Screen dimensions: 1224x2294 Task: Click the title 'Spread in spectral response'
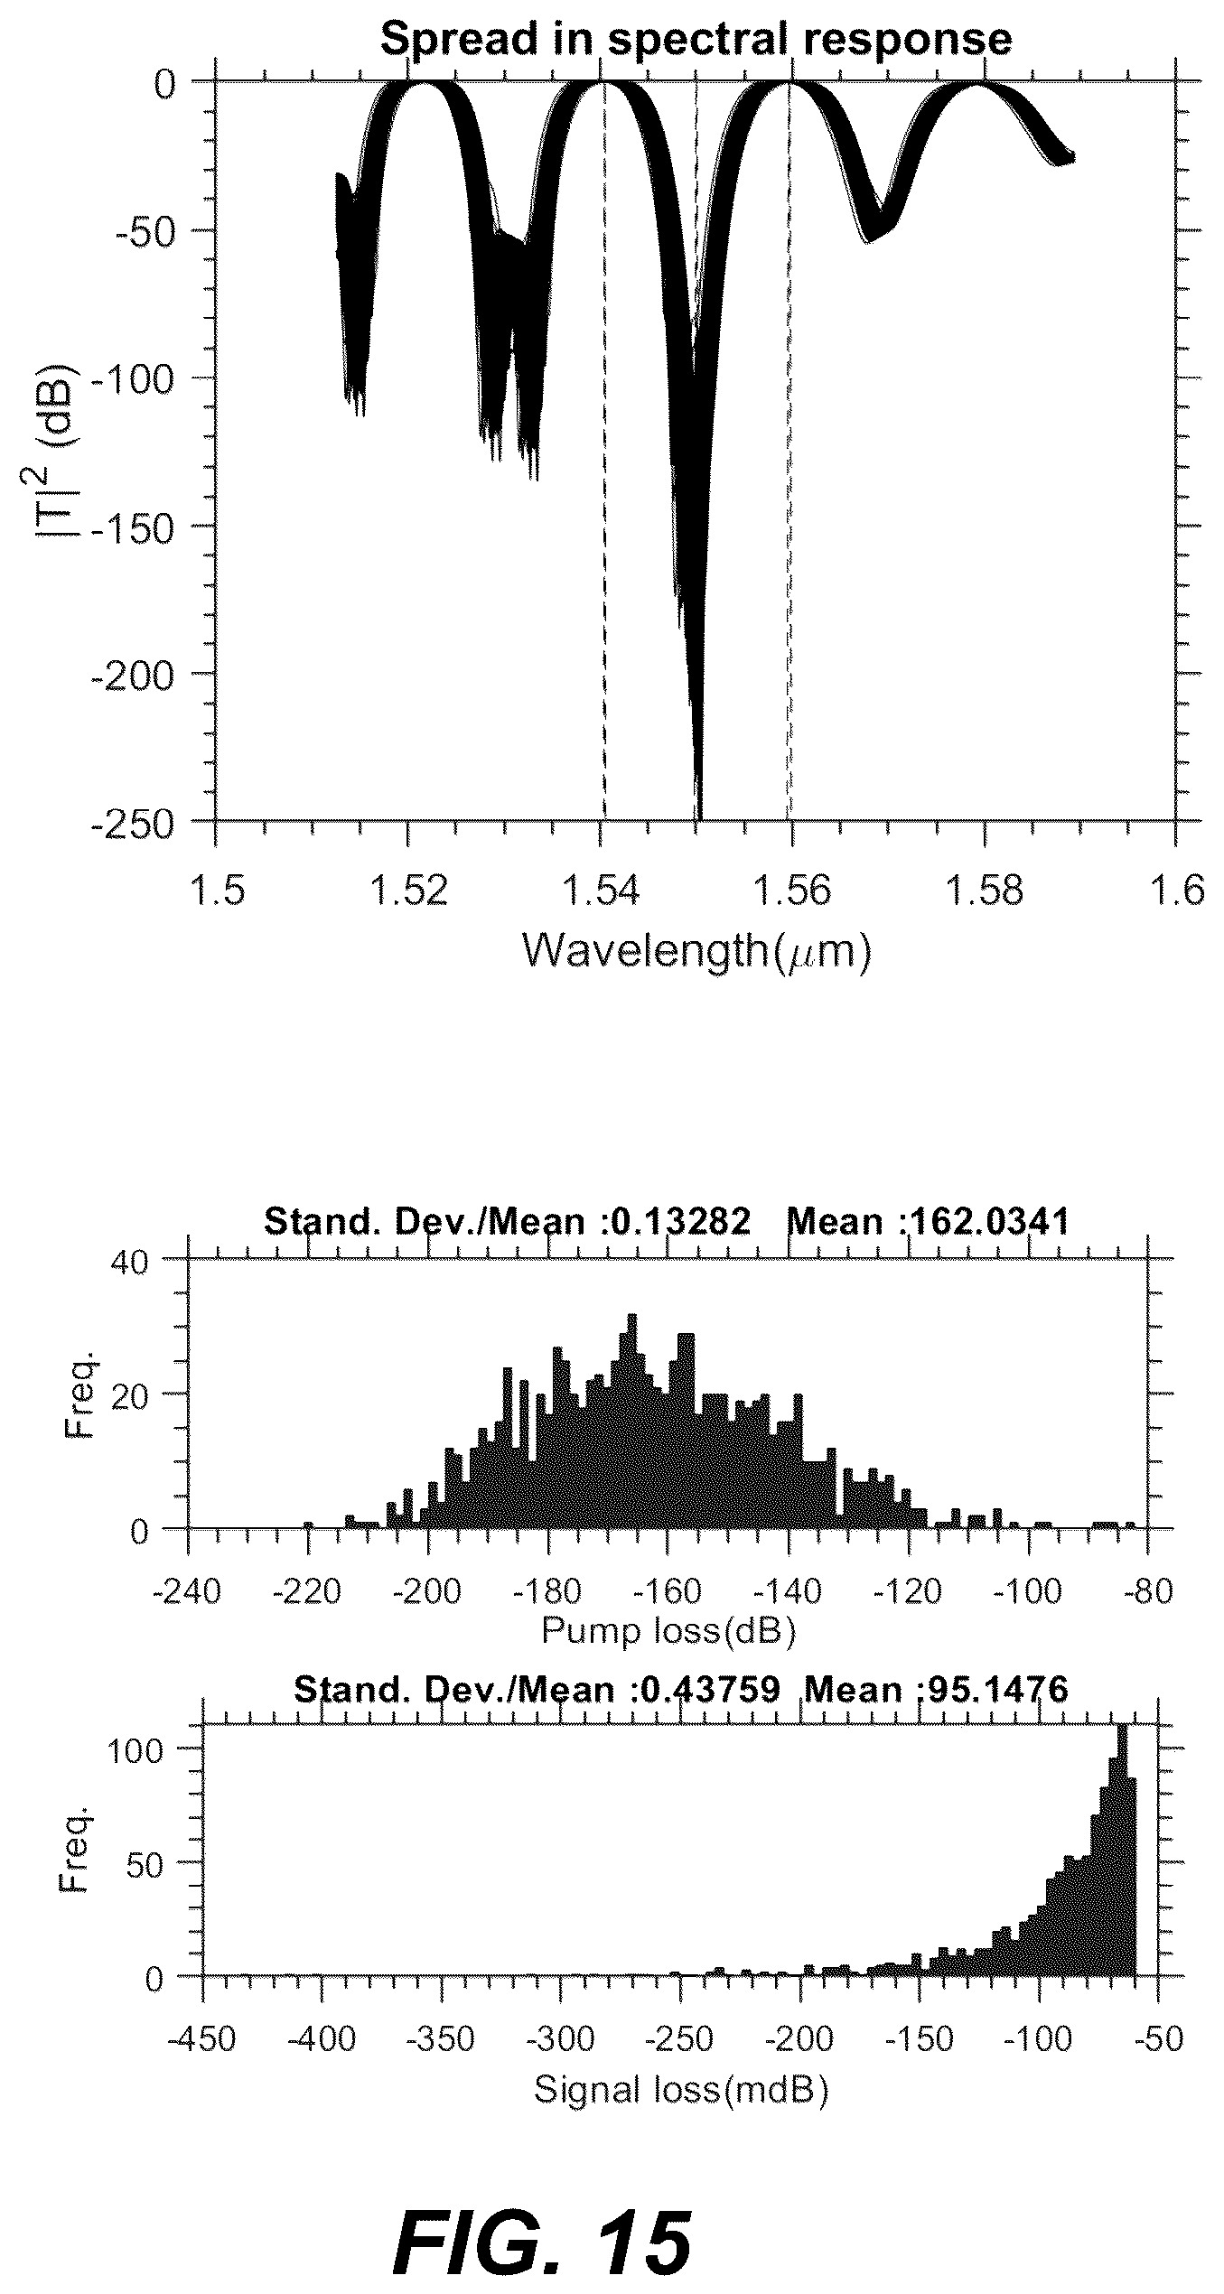coord(696,39)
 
